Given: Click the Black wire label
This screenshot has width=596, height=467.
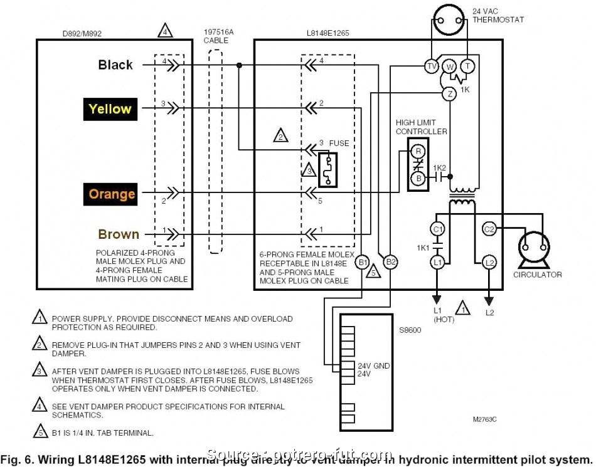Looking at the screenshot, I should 115,65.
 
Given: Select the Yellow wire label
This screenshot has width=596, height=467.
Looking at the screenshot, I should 110,109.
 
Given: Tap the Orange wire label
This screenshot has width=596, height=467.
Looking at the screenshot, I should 112,194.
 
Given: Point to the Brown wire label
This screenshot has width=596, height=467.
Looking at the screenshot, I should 119,234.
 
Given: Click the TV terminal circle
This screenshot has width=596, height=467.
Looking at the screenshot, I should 432,66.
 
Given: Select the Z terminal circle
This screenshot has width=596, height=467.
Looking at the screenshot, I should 449,93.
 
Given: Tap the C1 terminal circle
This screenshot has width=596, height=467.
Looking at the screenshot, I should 437,229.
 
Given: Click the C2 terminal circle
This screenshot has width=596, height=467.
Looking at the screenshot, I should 489,229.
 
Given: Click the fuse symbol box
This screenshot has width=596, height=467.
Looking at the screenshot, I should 327,169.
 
